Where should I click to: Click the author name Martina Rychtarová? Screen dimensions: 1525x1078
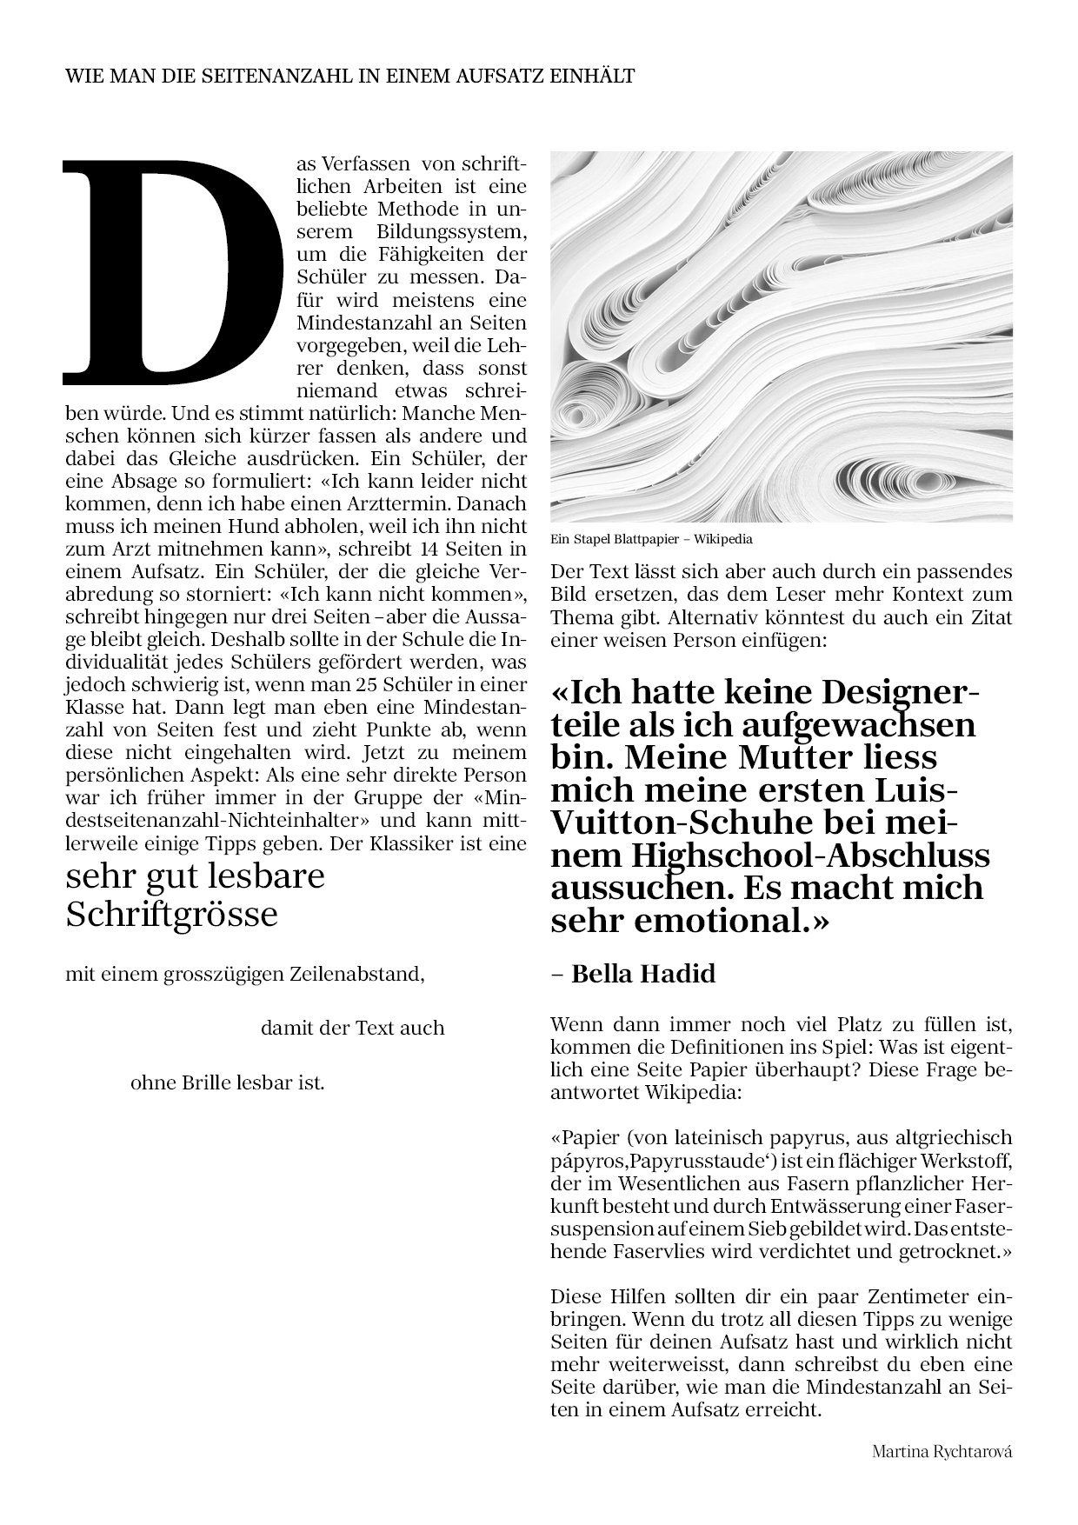coord(942,1452)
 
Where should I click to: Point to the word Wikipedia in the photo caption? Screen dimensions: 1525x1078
coord(723,539)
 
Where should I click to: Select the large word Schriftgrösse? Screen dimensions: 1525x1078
coord(172,914)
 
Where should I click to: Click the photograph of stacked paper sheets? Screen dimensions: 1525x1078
coord(782,337)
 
